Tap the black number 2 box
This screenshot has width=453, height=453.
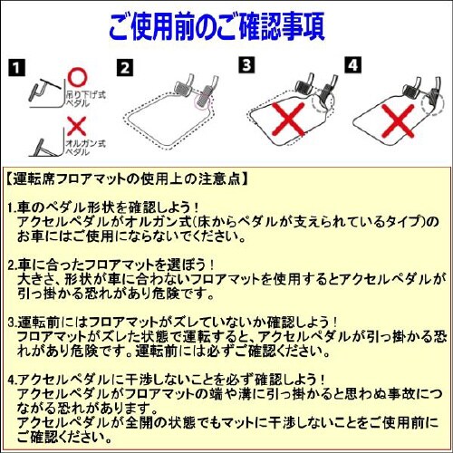pos(125,68)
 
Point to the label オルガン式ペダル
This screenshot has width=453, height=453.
pos(83,144)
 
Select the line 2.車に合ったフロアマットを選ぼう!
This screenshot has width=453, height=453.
pos(132,265)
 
